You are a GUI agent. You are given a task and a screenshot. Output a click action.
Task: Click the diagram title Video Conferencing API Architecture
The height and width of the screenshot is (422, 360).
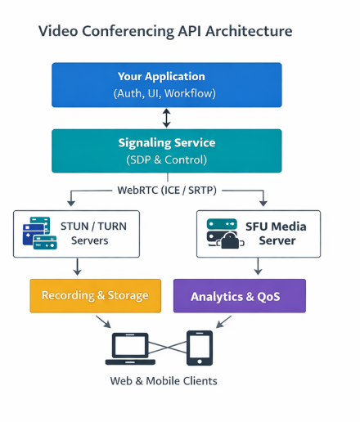pos(165,32)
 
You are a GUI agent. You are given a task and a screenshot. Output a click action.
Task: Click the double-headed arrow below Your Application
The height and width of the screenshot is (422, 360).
pos(167,118)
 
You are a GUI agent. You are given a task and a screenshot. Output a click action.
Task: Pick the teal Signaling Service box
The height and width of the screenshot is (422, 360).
pos(166,150)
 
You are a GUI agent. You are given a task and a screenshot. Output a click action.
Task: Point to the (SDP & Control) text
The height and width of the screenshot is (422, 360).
pos(166,159)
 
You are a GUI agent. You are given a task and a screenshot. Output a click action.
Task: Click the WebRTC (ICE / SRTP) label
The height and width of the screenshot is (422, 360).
pos(166,191)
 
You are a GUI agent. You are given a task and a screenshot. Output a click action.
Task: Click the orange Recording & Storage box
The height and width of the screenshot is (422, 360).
pos(95,295)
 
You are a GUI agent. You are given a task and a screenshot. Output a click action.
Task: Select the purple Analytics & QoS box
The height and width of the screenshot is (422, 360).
pos(239,296)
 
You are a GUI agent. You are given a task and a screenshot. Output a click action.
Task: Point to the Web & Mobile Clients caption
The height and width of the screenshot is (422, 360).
pos(164,381)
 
